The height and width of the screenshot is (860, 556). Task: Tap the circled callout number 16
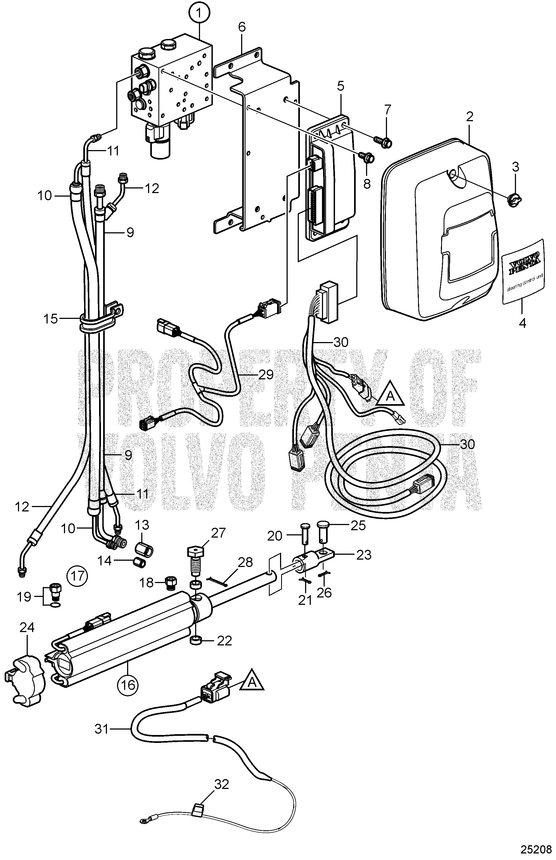(x=128, y=684)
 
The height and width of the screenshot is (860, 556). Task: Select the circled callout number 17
(x=78, y=575)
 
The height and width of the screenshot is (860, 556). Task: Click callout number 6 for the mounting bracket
(x=242, y=26)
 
